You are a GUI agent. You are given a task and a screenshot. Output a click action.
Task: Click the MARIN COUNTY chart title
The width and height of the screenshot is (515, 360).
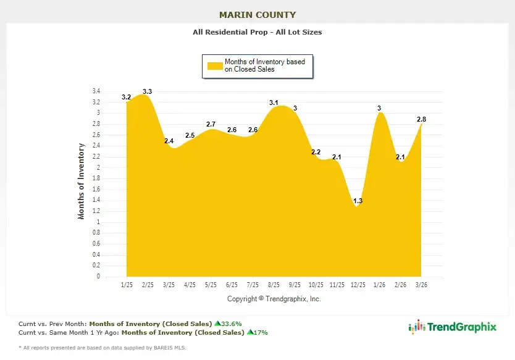click(x=257, y=15)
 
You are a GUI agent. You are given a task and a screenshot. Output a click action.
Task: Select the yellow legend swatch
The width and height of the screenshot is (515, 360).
click(x=214, y=65)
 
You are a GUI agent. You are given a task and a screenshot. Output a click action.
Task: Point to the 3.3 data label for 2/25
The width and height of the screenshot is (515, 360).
click(x=147, y=91)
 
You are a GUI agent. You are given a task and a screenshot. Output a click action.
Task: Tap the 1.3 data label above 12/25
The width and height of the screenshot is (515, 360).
click(x=358, y=201)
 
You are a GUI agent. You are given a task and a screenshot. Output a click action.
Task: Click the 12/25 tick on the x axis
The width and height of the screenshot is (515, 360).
click(x=358, y=285)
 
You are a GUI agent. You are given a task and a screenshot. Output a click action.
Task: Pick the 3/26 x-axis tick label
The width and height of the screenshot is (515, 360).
click(x=421, y=285)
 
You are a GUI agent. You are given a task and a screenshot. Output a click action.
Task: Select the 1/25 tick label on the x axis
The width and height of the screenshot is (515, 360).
click(x=127, y=285)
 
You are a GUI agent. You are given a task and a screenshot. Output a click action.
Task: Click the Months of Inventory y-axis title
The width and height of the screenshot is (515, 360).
click(x=81, y=182)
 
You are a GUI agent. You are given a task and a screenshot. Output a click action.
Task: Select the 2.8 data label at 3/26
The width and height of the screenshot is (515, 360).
click(x=421, y=119)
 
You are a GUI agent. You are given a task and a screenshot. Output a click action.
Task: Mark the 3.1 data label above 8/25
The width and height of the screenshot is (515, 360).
click(x=274, y=103)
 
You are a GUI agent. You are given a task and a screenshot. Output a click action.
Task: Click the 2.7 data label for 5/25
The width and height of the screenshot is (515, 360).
click(x=211, y=125)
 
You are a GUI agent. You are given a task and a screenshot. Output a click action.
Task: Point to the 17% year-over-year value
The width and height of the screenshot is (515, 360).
click(x=260, y=332)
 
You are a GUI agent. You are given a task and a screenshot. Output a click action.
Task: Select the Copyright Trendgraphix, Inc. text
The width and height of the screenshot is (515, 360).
click(x=274, y=299)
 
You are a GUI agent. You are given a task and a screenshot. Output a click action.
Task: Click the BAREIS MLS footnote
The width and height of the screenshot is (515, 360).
click(x=102, y=348)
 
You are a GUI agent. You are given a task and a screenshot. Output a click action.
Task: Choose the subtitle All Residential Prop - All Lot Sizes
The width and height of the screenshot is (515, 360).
click(x=257, y=32)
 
